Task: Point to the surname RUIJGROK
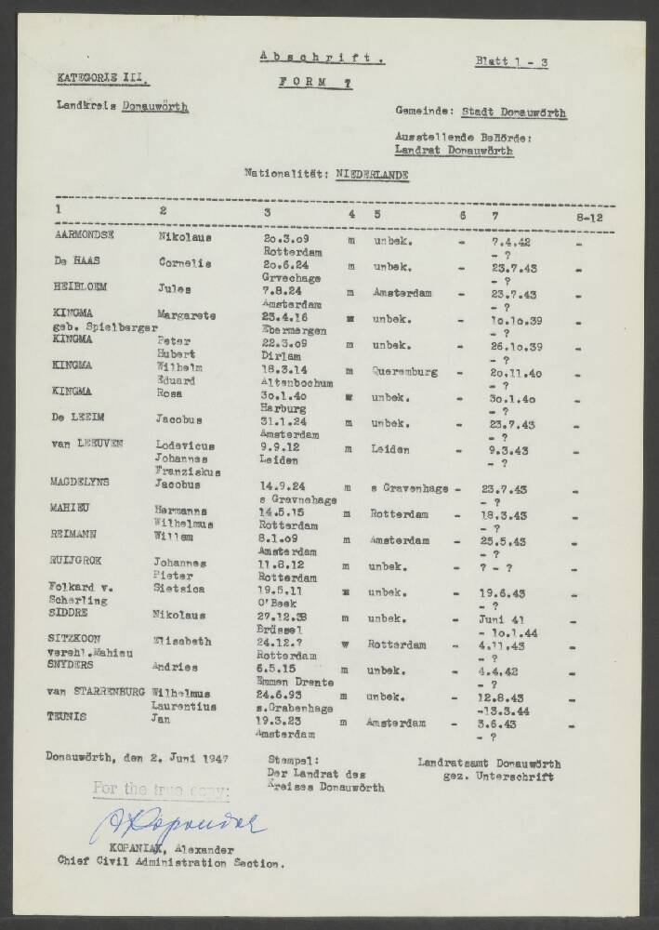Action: pyautogui.click(x=84, y=563)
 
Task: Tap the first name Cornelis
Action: pyautogui.click(x=186, y=264)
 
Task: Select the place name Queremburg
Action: pyautogui.click(x=404, y=370)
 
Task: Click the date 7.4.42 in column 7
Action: pyautogui.click(x=509, y=240)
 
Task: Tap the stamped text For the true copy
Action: pyautogui.click(x=160, y=790)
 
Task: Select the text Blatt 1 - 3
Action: pyautogui.click(x=510, y=63)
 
